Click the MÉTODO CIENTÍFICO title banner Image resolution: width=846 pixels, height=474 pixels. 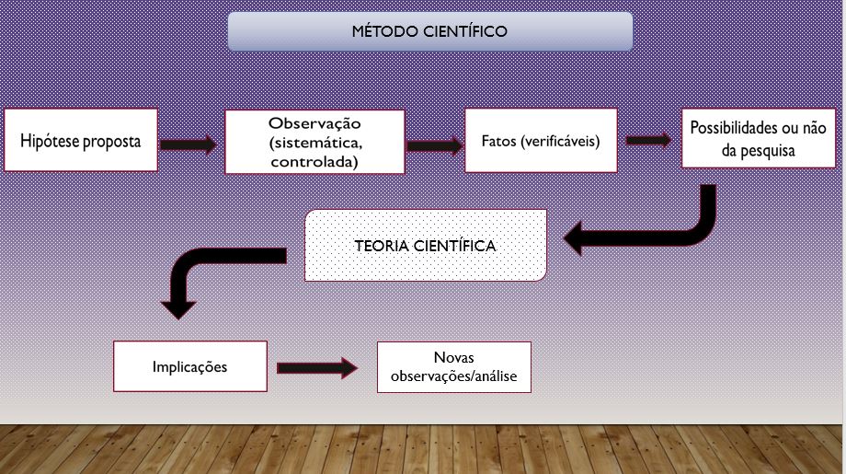pyautogui.click(x=429, y=31)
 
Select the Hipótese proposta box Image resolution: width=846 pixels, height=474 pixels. pyautogui.click(x=81, y=140)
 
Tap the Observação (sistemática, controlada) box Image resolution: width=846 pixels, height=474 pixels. pyautogui.click(x=314, y=142)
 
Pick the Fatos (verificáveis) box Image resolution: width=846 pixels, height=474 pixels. pyautogui.click(x=540, y=140)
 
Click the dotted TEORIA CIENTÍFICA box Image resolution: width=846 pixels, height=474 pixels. pyautogui.click(x=425, y=246)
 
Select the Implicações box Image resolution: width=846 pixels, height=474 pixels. pyautogui.click(x=190, y=365)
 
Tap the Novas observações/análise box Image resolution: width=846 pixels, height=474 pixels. pyautogui.click(x=453, y=366)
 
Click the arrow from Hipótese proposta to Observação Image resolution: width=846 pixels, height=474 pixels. pyautogui.click(x=189, y=145)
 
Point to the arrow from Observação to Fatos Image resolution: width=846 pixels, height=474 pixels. pyautogui.click(x=434, y=145)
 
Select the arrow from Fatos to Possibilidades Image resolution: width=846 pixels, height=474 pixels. pyautogui.click(x=648, y=140)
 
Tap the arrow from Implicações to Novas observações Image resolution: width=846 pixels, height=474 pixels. pyautogui.click(x=316, y=368)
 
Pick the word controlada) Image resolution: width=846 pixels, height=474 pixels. pyautogui.click(x=314, y=162)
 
